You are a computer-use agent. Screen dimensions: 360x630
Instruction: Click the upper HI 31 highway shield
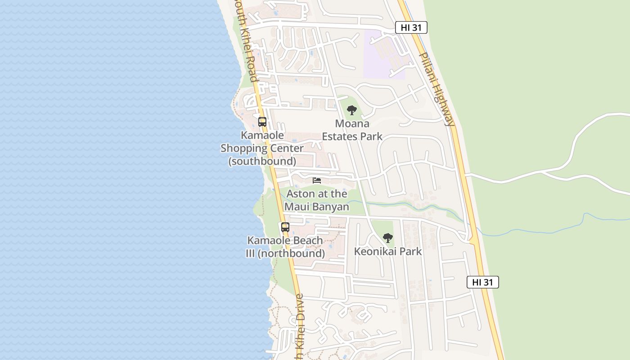[x=411, y=27]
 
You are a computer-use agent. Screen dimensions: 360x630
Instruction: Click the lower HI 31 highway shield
[x=483, y=282]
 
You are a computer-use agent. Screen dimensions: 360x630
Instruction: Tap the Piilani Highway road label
[x=436, y=89]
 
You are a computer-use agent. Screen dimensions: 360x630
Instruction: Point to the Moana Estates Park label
[x=352, y=130]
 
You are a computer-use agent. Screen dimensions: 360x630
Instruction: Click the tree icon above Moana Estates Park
[x=352, y=110]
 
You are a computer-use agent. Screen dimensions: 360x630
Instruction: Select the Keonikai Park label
[x=387, y=251]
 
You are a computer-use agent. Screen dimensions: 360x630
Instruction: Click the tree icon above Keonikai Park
[x=387, y=238]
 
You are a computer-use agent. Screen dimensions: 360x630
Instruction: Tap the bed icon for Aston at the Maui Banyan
[x=317, y=180]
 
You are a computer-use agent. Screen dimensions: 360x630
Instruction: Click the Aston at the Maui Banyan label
[x=317, y=200]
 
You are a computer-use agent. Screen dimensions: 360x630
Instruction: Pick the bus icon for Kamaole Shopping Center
[x=262, y=121]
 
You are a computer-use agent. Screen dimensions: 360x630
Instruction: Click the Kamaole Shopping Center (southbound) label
[x=262, y=148]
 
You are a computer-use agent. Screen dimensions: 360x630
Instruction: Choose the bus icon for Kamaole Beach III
[x=285, y=227]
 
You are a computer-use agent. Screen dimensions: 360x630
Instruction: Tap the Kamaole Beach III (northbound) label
[x=285, y=247]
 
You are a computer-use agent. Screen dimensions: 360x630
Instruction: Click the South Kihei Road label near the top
[x=246, y=40]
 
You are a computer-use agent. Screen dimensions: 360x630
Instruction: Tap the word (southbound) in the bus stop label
[x=262, y=161]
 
